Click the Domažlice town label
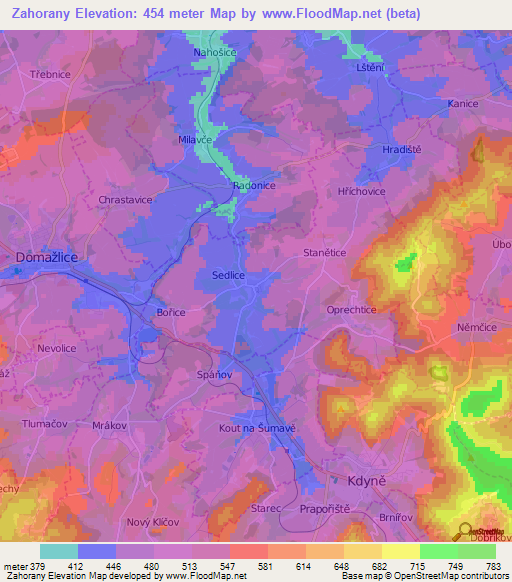click(47, 257)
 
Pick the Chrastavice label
click(125, 200)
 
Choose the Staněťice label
click(324, 254)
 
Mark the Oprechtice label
click(352, 310)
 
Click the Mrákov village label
click(110, 425)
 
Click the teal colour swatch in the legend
click(58, 551)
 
